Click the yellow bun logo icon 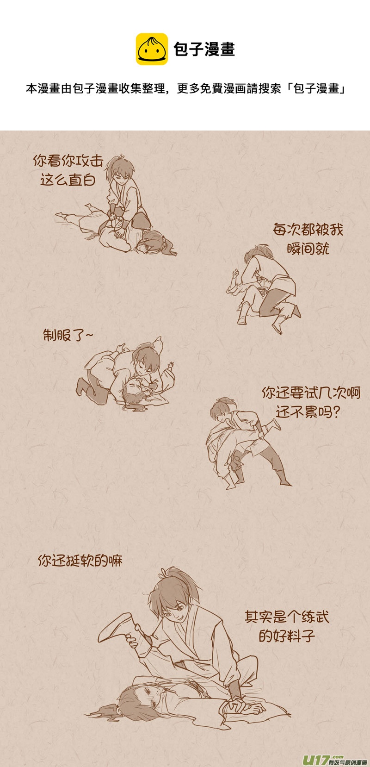(152, 49)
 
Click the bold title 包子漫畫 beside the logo (204, 49)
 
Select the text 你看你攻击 (68, 161)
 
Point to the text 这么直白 (68, 180)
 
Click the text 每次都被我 (308, 230)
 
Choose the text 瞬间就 (308, 249)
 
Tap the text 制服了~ (68, 335)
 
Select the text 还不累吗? (308, 412)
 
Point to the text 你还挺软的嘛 (80, 561)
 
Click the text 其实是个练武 (287, 617)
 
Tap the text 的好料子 (287, 636)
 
